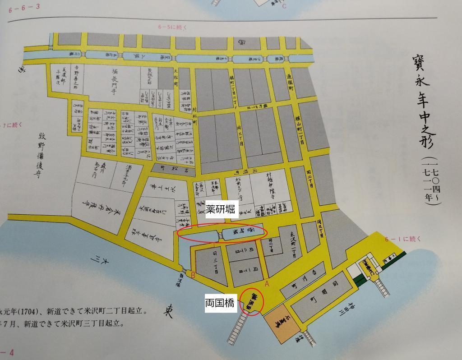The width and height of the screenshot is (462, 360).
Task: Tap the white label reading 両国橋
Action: pos(220,304)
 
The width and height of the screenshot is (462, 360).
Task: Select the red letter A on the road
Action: pos(267,284)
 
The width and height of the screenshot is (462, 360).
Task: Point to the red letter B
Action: pos(193,275)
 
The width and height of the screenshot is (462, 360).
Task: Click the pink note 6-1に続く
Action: pos(402,239)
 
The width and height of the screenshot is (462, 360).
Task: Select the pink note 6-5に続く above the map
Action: pos(172,27)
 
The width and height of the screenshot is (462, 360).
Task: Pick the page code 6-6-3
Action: pos(24,6)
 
